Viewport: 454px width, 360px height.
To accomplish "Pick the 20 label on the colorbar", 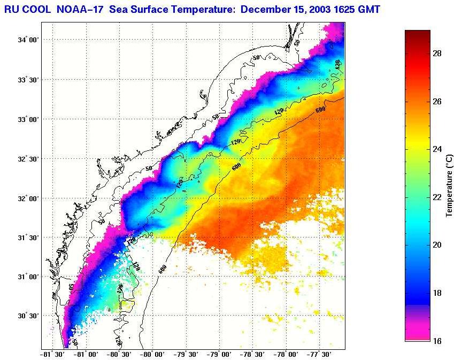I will [436, 245].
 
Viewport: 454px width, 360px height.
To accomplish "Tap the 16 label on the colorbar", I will [436, 341].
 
